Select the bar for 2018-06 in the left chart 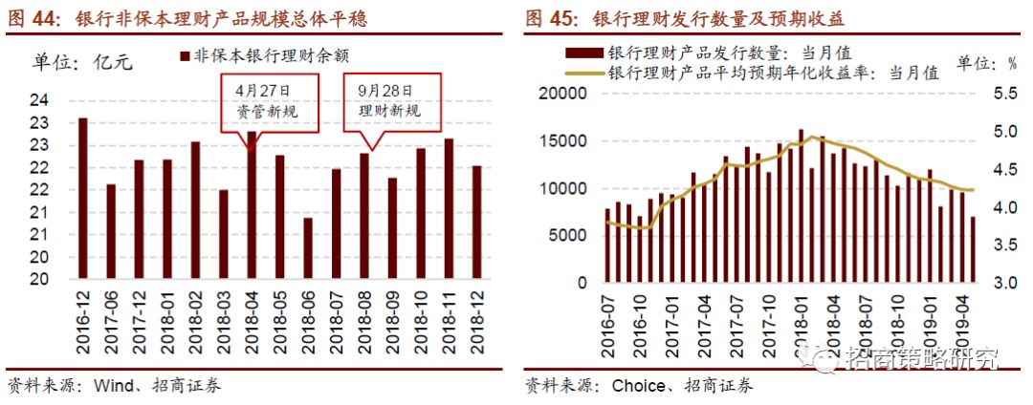(x=307, y=248)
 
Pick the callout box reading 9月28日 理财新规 (x=389, y=99)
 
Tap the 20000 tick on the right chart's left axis (x=560, y=93)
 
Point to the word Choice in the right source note (x=637, y=386)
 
